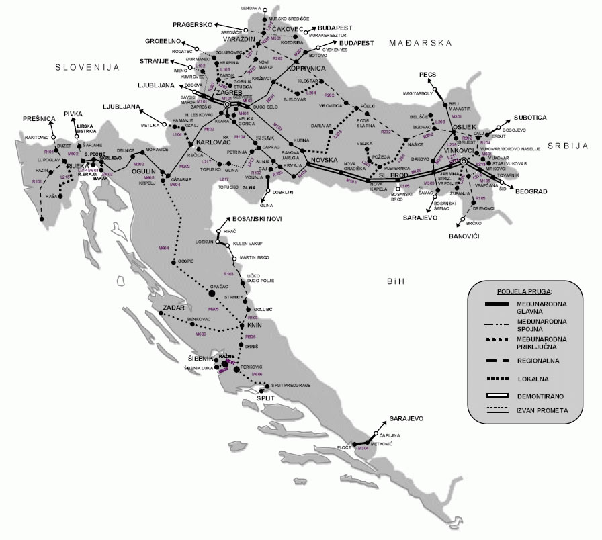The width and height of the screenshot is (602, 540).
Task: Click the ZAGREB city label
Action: tap(220, 92)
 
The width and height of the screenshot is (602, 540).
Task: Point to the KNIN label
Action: tap(254, 326)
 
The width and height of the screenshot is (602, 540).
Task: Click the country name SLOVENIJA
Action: tap(87, 68)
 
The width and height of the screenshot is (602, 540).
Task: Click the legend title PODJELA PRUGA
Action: tap(525, 292)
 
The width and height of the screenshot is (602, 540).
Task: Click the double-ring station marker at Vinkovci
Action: tap(463, 162)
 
